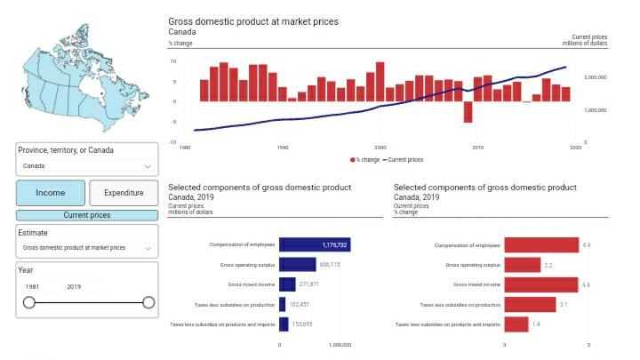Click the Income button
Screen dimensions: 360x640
(x=51, y=193)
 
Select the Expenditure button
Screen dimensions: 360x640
(x=124, y=193)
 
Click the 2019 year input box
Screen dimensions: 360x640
(x=84, y=286)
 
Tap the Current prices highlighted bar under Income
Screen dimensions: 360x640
(x=87, y=215)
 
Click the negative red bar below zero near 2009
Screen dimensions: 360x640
(x=468, y=112)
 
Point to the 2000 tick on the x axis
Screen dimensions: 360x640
(x=380, y=148)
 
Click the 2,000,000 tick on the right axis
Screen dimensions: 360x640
(x=595, y=78)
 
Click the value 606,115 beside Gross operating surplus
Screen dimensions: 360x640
(x=330, y=264)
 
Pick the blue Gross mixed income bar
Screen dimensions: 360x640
(x=287, y=284)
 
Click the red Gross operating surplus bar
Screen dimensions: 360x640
(x=522, y=265)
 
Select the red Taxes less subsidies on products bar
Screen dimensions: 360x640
(x=516, y=324)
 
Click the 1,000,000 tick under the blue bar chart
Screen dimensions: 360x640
(x=340, y=345)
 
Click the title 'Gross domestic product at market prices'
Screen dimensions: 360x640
(x=253, y=20)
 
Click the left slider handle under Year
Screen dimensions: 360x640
(x=29, y=303)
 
